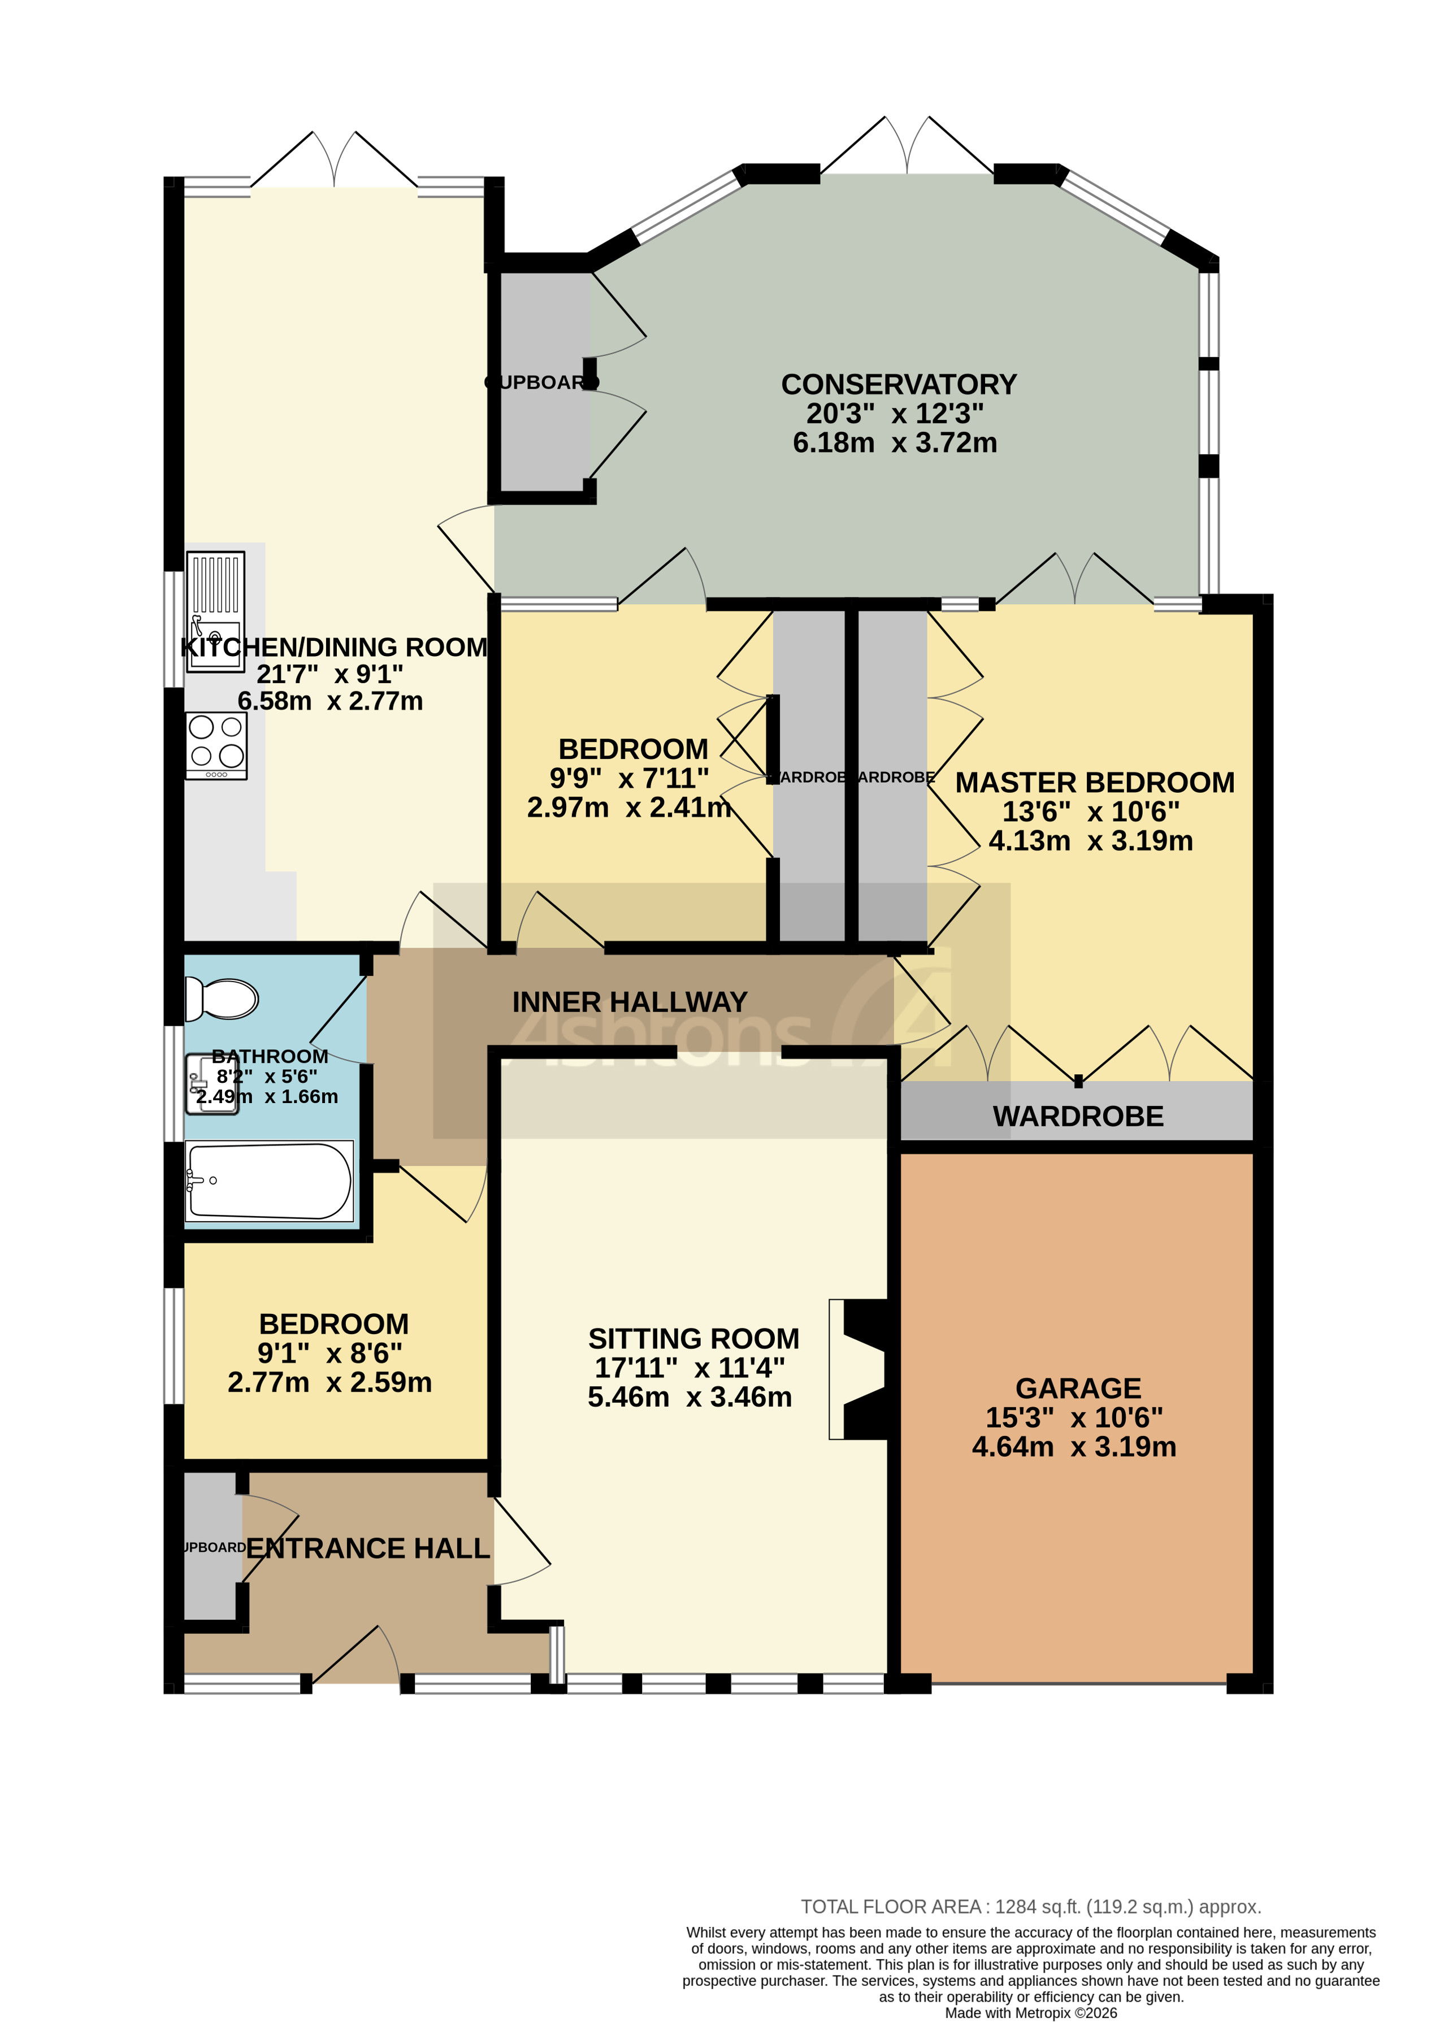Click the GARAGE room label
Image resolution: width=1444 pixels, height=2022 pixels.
[1078, 1388]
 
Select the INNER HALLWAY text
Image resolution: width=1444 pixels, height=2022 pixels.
[630, 1002]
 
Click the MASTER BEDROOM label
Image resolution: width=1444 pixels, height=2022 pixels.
[1095, 783]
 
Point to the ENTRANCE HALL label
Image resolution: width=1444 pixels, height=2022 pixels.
[367, 1548]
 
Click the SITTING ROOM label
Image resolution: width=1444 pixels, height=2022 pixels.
[693, 1338]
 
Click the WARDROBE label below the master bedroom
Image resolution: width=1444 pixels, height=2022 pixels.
[1078, 1117]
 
